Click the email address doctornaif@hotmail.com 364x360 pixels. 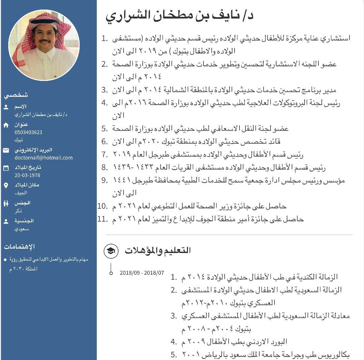tap(43, 158)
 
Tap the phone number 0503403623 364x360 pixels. tap(28, 132)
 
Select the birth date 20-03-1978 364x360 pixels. tap(27, 175)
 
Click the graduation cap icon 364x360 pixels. tap(111, 251)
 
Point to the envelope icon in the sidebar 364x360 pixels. tap(6, 150)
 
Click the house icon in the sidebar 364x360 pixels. tap(6, 125)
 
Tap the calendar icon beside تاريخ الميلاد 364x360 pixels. tap(6, 168)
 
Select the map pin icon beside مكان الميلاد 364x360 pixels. tap(6, 186)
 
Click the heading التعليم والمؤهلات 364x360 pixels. tap(158, 250)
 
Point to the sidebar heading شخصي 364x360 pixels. tap(16, 95)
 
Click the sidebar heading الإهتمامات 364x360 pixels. tap(19, 246)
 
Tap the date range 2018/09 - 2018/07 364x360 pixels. tap(142, 273)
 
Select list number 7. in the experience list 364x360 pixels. tap(105, 154)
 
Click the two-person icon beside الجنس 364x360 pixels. tap(6, 203)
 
